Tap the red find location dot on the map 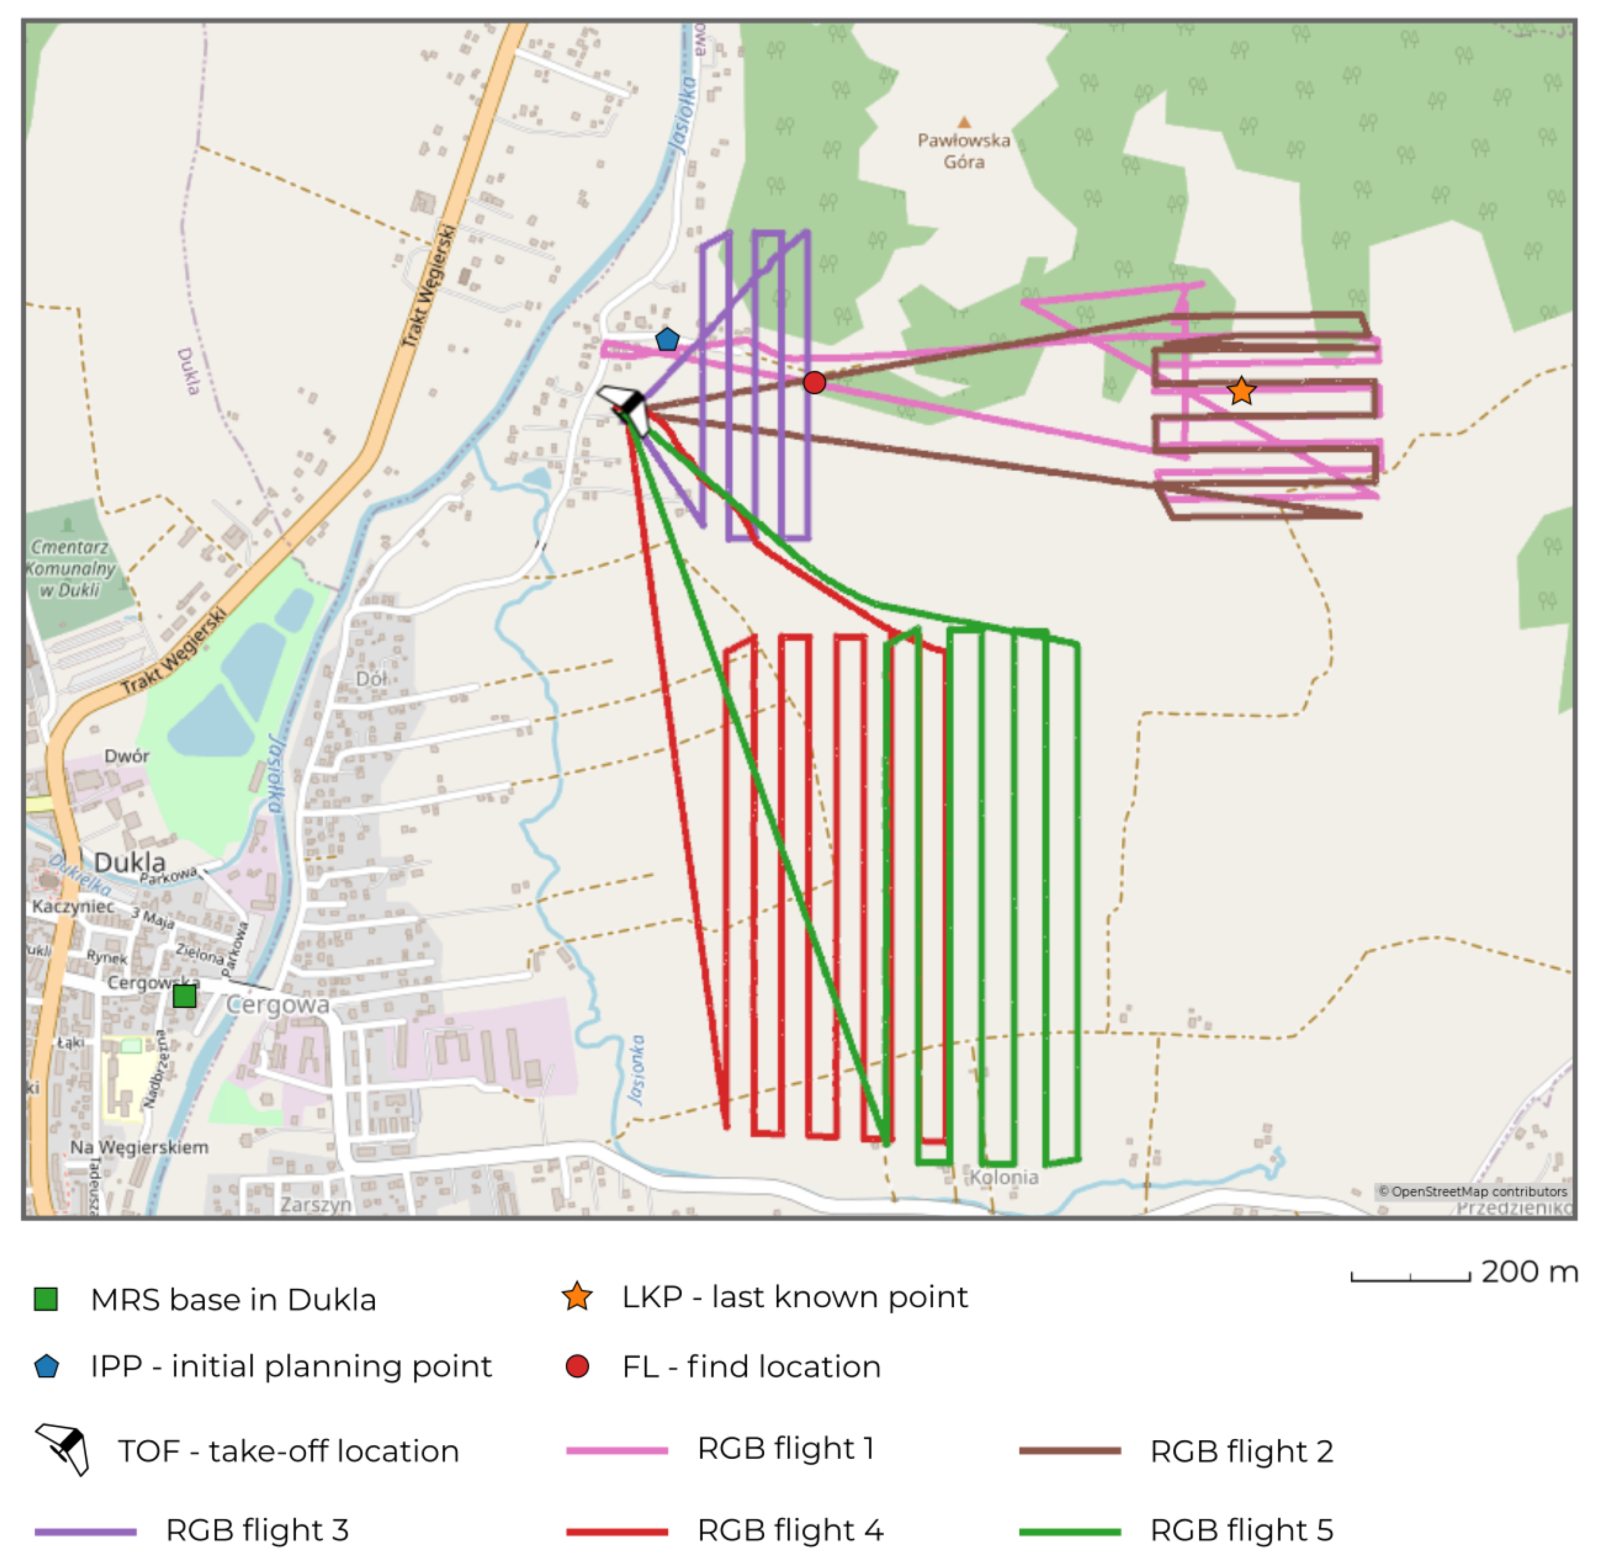[814, 382]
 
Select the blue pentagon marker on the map [667, 339]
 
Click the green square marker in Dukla [185, 996]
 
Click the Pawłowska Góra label [964, 151]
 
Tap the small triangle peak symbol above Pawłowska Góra [964, 122]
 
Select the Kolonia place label [1003, 1177]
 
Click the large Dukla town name [130, 862]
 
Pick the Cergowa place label [277, 1004]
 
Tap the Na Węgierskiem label [140, 1147]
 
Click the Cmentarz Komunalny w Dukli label [69, 568]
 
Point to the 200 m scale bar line [1410, 1278]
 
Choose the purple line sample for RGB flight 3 [85, 1531]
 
